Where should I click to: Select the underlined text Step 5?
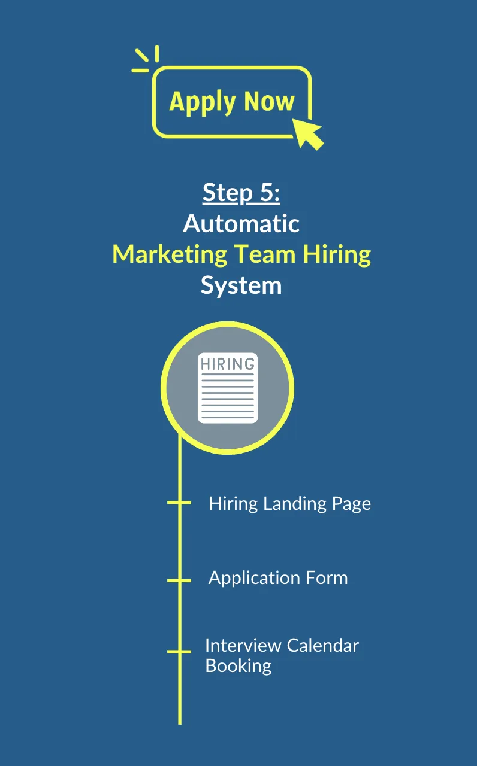pos(241,193)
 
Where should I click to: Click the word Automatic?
pos(241,224)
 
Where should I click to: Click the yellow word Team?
pos(264,254)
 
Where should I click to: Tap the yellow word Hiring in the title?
pos(336,254)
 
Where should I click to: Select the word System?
pos(241,285)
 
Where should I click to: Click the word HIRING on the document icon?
pos(228,364)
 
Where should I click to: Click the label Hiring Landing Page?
pos(289,503)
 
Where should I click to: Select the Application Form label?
pos(278,578)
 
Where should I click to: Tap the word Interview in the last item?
pos(243,646)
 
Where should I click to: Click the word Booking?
pos(238,665)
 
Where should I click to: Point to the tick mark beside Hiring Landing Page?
pos(179,503)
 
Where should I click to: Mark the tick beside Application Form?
pos(179,580)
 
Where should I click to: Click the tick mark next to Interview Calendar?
pos(179,651)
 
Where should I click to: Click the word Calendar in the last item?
pos(323,646)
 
